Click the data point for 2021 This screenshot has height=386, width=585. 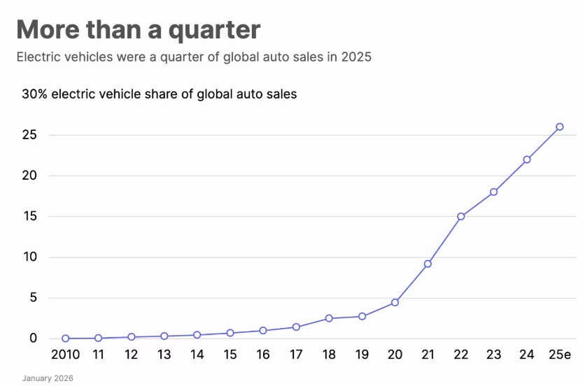(x=428, y=264)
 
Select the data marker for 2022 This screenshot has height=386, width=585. (x=460, y=216)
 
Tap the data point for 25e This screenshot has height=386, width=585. (x=560, y=127)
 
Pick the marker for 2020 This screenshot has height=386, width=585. (x=395, y=302)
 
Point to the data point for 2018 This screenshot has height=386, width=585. (x=329, y=318)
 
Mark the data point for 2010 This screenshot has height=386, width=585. (x=65, y=338)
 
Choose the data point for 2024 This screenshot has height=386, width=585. (x=527, y=159)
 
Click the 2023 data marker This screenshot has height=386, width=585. (x=493, y=192)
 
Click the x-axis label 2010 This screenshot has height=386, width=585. (x=65, y=355)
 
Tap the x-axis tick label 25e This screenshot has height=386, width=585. (x=560, y=355)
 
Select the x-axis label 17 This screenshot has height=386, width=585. (x=296, y=355)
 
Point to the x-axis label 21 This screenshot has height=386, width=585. (x=428, y=355)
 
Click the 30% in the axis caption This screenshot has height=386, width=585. (x=34, y=94)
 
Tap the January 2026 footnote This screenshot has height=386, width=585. (x=47, y=378)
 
